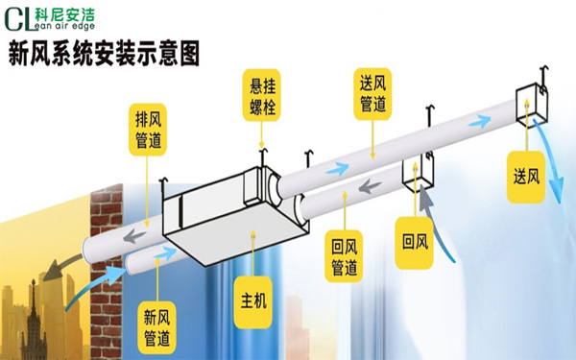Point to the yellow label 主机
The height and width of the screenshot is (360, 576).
[253, 301]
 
